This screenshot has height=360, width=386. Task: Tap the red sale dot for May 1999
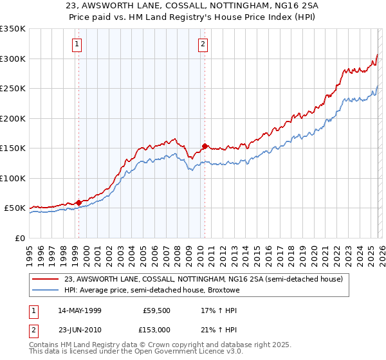[x=78, y=203]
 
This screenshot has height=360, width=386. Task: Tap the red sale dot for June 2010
[x=205, y=147]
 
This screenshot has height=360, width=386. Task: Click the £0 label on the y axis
[x=19, y=238]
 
